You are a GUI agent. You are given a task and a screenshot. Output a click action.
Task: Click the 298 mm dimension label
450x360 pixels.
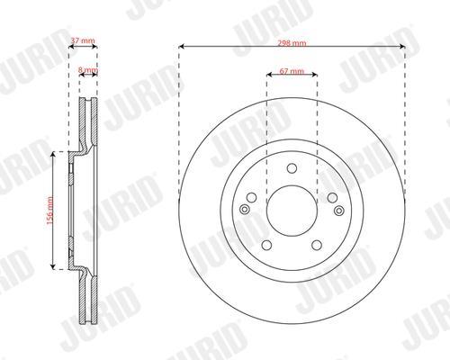[292, 43]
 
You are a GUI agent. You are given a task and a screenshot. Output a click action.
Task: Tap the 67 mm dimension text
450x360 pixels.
[292, 71]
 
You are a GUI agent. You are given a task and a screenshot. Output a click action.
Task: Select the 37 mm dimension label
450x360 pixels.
[83, 40]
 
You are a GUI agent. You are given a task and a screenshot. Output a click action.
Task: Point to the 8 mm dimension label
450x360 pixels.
[87, 70]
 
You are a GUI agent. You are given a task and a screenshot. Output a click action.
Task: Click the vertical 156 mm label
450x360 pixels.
[50, 211]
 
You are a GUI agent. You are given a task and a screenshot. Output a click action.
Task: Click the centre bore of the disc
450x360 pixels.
[292, 211]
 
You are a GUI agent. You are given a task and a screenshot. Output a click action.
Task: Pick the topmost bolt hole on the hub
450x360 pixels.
[292, 168]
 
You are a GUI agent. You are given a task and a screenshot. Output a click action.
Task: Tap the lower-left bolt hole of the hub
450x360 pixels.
[266, 245]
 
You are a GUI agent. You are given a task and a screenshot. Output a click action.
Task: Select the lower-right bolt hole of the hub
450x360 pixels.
[317, 245]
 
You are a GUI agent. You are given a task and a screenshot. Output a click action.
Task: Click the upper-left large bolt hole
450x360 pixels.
[251, 197]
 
